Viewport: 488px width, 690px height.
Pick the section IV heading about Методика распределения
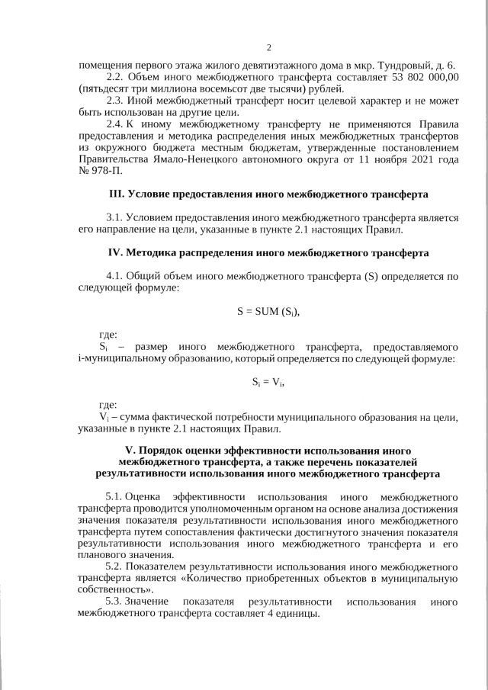[269, 252]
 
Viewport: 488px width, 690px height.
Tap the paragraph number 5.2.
[115, 567]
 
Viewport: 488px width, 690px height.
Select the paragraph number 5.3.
[115, 602]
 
